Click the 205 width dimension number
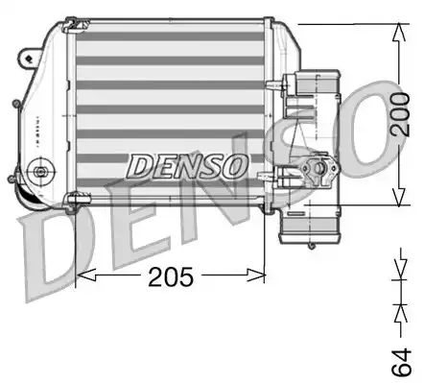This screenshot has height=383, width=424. point(170,277)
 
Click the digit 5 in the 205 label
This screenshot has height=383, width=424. point(186,277)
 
